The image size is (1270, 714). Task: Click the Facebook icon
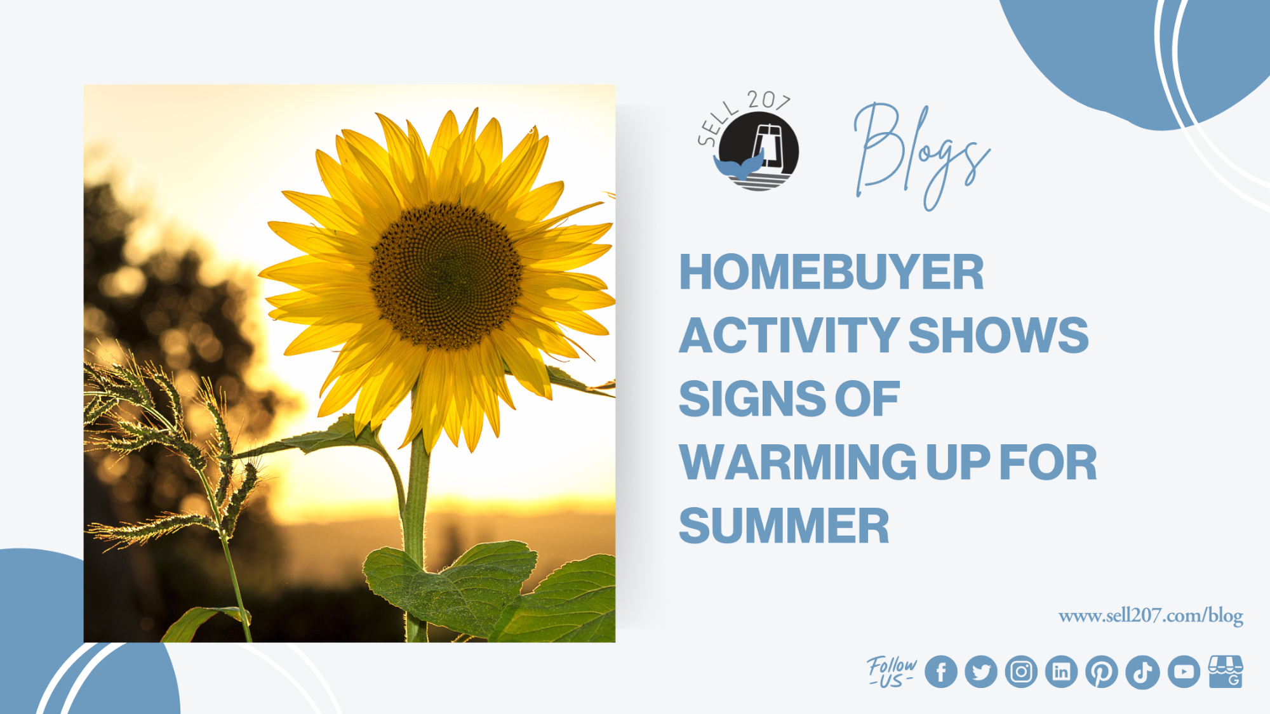[x=940, y=671]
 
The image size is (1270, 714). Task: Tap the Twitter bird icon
[x=981, y=671]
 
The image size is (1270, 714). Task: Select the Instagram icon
[x=1021, y=671]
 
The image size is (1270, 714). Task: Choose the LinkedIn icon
[x=1061, y=671]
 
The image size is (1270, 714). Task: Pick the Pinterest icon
[x=1102, y=671]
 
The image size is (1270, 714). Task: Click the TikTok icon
[x=1142, y=672]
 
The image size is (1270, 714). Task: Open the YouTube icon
[x=1184, y=671]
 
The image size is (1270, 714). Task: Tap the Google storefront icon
[x=1226, y=671]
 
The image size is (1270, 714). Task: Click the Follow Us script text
[x=892, y=671]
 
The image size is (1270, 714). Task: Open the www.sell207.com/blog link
[x=1151, y=616]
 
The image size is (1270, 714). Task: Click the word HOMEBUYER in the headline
[x=831, y=272]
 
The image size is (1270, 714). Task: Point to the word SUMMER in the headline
[x=784, y=526]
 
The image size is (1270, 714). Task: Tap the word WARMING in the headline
[x=798, y=462]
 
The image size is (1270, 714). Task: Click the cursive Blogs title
[x=921, y=156]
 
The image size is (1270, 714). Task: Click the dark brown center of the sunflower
[x=446, y=276]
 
